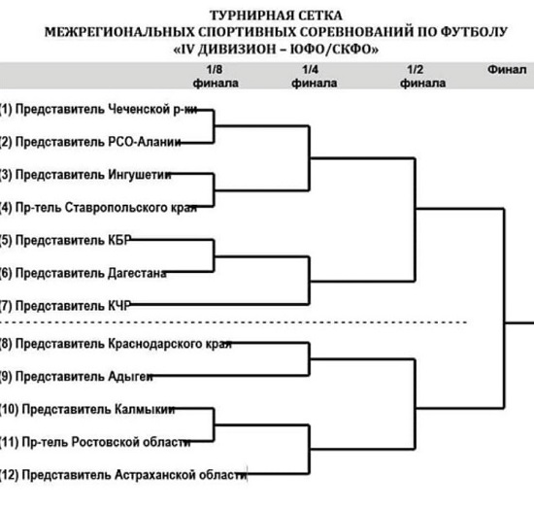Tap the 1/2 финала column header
click(x=416, y=76)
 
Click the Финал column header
click(x=505, y=70)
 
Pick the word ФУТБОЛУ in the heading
click(x=475, y=32)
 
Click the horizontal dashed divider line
click(x=233, y=321)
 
